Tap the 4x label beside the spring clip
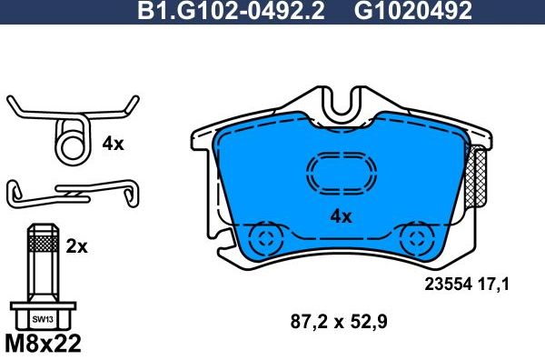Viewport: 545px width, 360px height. click(113, 144)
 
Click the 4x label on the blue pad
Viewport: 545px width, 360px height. click(340, 216)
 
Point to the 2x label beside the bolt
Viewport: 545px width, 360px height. click(76, 245)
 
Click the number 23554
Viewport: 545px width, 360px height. click(451, 284)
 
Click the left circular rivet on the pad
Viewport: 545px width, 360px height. click(266, 240)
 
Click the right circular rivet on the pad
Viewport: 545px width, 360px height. click(418, 240)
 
